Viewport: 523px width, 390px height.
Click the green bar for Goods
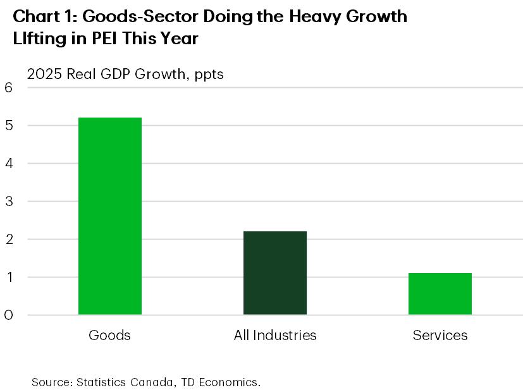click(x=110, y=216)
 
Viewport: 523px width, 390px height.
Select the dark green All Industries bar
click(x=275, y=272)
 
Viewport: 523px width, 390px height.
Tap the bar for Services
click(x=440, y=293)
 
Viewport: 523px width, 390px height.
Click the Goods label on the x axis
click(x=110, y=335)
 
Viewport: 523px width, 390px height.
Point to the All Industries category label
click(x=275, y=335)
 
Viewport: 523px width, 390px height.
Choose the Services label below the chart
click(x=440, y=335)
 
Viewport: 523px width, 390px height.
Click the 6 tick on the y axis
click(x=9, y=88)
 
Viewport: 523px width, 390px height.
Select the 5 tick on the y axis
click(x=9, y=126)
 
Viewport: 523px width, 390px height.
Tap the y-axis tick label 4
click(x=9, y=164)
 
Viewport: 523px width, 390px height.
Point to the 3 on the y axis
click(x=9, y=202)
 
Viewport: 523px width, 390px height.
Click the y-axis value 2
click(x=9, y=240)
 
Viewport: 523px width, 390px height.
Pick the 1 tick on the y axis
click(x=9, y=277)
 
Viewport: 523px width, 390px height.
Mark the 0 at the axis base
click(x=9, y=315)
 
